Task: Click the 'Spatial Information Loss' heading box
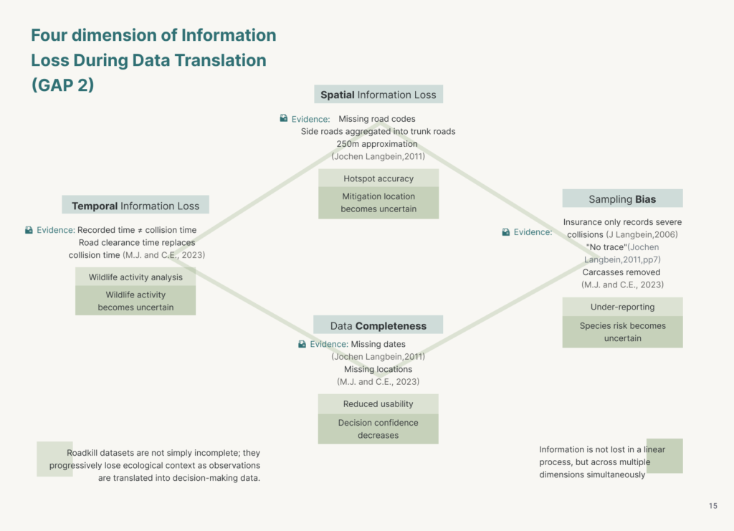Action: coord(378,95)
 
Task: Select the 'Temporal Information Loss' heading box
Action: coord(135,205)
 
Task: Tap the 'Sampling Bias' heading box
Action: coord(622,198)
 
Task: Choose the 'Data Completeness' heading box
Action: coord(378,325)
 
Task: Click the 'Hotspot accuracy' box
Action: coord(378,178)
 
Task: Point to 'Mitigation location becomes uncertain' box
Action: coord(378,203)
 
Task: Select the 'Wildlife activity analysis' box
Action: coord(135,277)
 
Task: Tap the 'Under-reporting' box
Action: coord(622,307)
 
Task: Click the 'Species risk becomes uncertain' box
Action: coord(622,333)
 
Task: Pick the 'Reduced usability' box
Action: coord(378,403)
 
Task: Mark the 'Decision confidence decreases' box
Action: coord(378,429)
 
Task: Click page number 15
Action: coord(713,506)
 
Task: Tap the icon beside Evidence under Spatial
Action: coord(284,118)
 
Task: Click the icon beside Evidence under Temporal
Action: coord(29,230)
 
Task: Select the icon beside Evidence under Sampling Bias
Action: coord(506,232)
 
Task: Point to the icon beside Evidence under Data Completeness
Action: coord(302,344)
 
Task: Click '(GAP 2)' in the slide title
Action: coord(63,85)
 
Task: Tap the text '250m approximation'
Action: coord(377,143)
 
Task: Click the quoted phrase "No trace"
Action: coord(606,247)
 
